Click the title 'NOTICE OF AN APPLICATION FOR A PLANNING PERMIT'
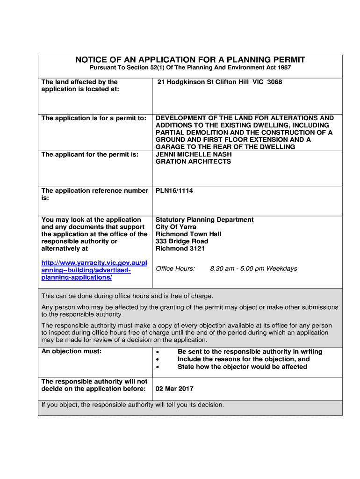pos(190,60)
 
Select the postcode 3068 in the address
pos(274,82)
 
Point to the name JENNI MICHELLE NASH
pos(193,154)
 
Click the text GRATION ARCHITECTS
pos(193,162)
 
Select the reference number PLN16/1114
pos(174,191)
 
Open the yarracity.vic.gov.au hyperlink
pos(94,270)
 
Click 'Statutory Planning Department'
pos(204,220)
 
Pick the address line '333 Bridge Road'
pos(182,241)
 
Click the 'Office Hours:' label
pos(175,269)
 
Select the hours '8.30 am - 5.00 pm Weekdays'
pos(253,269)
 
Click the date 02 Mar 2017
pos(174,389)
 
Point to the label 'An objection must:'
pos(71,351)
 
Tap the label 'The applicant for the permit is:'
pos(90,154)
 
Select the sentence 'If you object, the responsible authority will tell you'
pos(133,405)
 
